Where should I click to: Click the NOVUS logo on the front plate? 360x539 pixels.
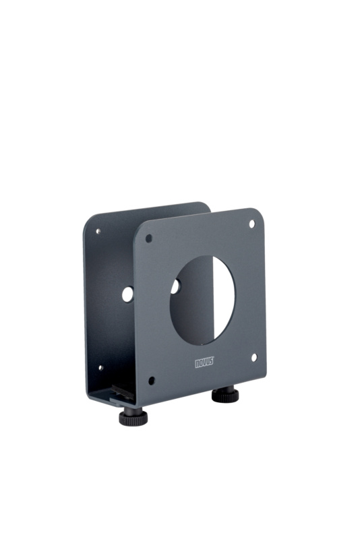pos(204,362)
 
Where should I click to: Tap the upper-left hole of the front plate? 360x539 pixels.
pos(149,239)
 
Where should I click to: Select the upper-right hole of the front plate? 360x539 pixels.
pos(252,224)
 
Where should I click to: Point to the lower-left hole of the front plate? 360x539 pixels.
pos(151,381)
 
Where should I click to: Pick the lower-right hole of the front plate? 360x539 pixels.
pos(254,358)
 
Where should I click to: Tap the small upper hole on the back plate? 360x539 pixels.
pos(98,231)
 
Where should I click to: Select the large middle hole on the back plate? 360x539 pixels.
pos(127,294)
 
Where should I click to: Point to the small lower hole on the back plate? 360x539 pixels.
pos(100,368)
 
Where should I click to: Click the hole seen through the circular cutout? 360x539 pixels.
pos(175,287)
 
